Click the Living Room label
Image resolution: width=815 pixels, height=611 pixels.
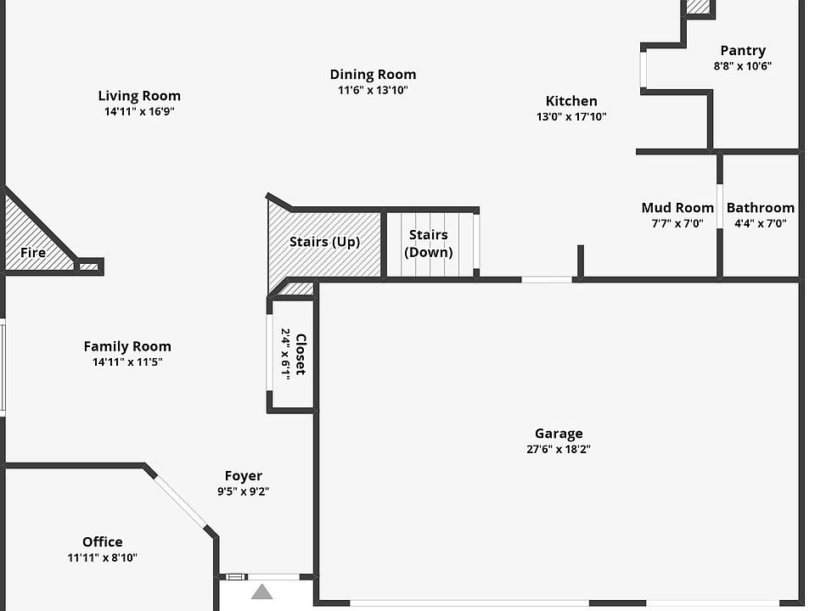tap(139, 96)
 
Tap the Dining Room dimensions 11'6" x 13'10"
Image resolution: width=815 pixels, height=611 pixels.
tap(373, 90)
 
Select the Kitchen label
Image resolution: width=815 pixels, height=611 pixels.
tap(570, 101)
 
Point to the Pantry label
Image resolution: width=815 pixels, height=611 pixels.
tap(743, 51)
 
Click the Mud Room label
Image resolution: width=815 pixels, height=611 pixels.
tap(677, 208)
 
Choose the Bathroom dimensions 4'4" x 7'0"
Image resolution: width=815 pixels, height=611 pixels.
tap(761, 224)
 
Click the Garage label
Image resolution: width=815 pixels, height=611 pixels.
tap(559, 434)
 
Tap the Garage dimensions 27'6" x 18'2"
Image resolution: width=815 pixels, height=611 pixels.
tap(559, 450)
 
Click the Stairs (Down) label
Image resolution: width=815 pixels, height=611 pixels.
tap(429, 244)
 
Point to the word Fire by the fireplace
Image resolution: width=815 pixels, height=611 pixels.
tap(33, 252)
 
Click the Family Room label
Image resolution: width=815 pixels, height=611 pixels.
tap(127, 346)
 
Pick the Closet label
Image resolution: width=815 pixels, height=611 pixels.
tap(301, 354)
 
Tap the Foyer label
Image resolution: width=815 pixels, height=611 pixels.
tap(244, 476)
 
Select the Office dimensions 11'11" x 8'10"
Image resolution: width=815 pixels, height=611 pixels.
tap(103, 558)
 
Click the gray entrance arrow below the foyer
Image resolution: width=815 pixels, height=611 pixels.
tap(262, 591)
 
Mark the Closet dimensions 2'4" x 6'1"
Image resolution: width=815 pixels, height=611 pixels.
tap(287, 354)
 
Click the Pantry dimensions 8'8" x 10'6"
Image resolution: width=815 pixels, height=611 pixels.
tap(743, 66)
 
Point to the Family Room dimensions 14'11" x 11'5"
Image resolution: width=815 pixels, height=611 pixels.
tap(127, 362)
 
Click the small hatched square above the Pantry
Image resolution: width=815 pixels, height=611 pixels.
tap(699, 7)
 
